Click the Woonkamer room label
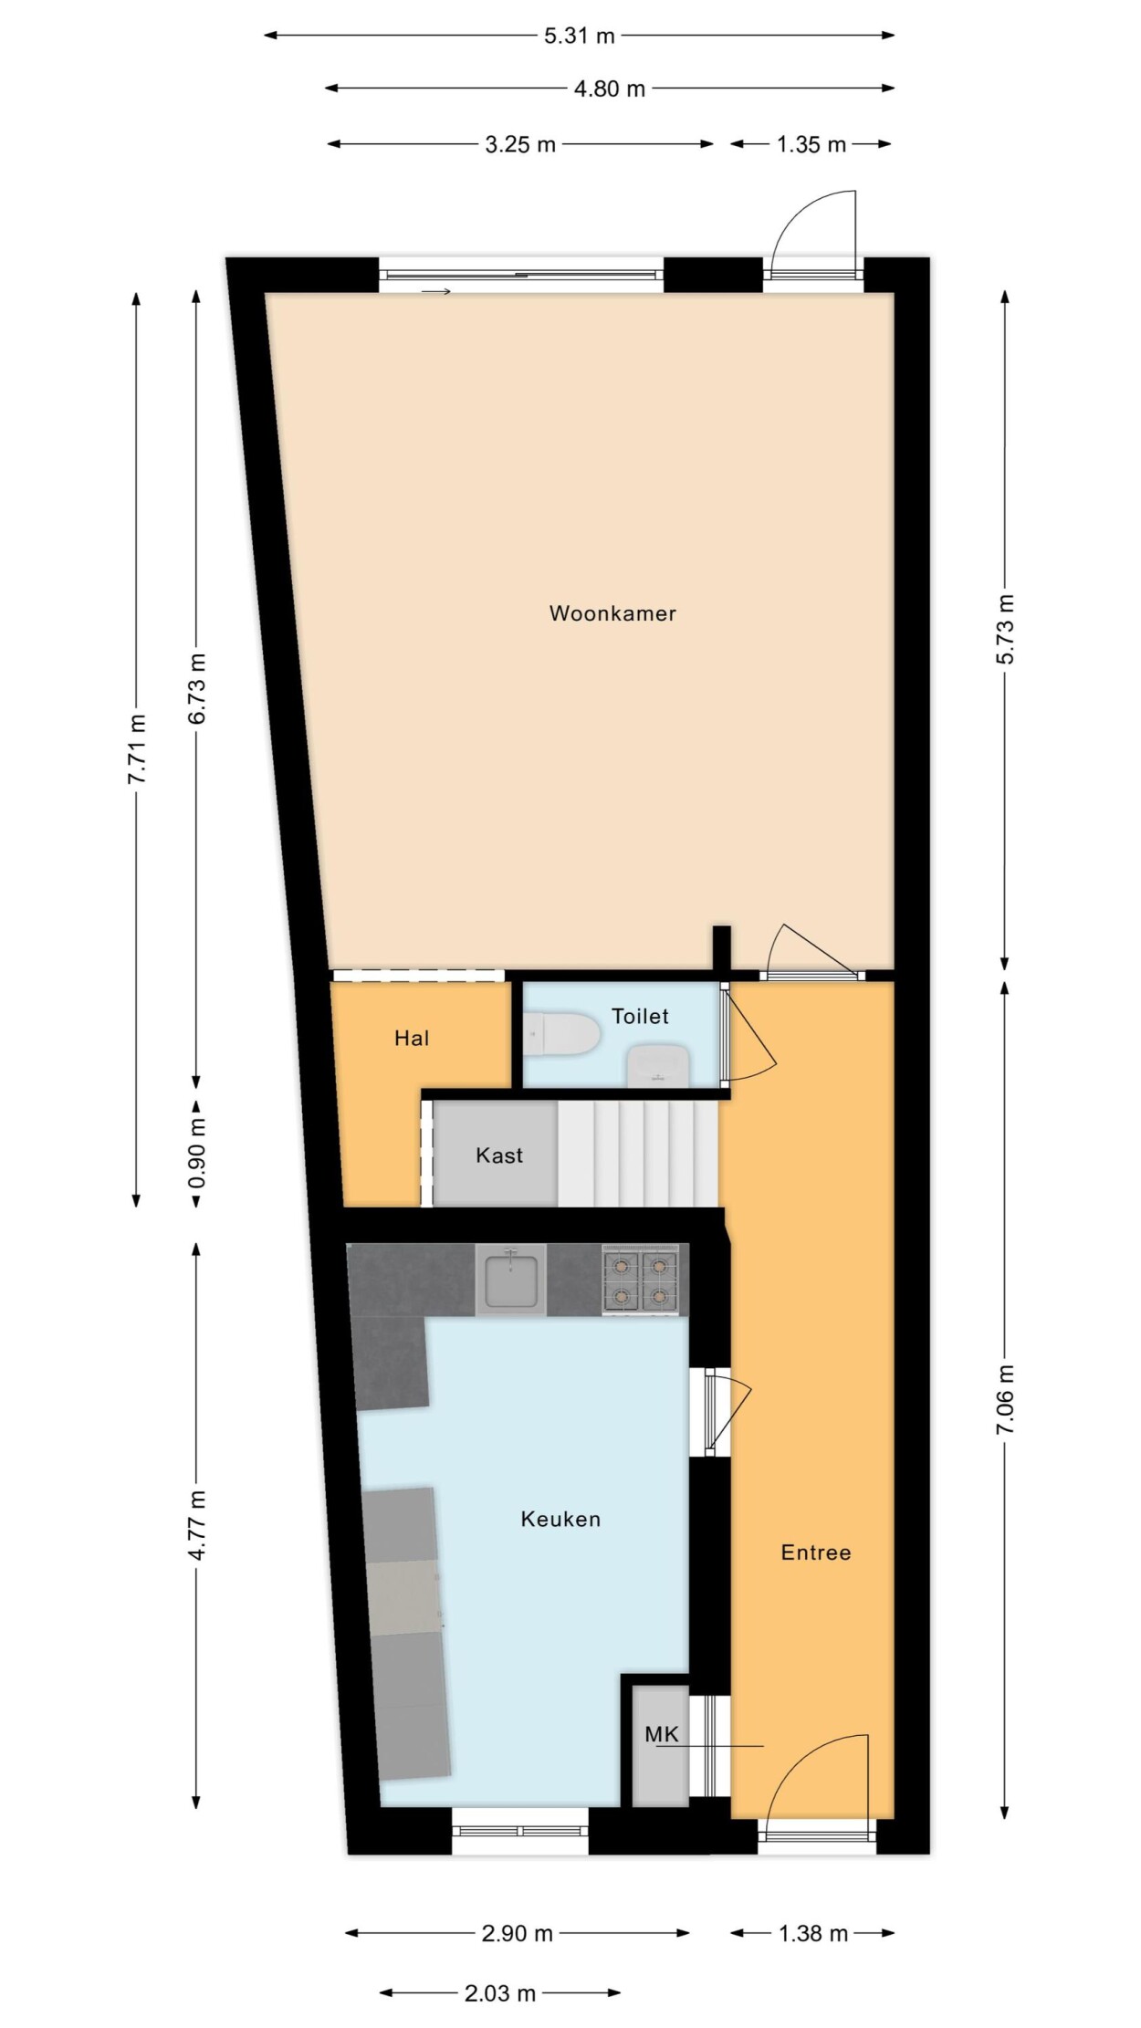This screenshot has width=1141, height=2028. click(x=612, y=613)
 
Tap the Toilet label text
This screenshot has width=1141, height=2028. click(x=640, y=1016)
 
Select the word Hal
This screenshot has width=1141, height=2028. click(x=412, y=1038)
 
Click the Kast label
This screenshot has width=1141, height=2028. click(x=499, y=1155)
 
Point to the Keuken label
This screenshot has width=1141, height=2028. click(x=560, y=1520)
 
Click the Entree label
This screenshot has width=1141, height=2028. click(x=816, y=1552)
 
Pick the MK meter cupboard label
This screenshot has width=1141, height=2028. click(x=662, y=1734)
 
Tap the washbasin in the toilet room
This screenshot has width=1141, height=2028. click(x=658, y=1065)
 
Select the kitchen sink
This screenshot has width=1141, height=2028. click(x=511, y=1280)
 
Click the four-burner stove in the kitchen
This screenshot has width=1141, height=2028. click(x=640, y=1280)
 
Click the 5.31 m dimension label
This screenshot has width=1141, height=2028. click(x=580, y=37)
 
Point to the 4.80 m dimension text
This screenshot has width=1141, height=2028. click(x=610, y=89)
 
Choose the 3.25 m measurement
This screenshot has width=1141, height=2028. click(x=520, y=145)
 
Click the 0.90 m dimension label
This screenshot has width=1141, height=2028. click(x=197, y=1153)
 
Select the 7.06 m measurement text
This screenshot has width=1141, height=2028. click(x=1005, y=1399)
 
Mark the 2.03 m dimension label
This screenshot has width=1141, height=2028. click(x=500, y=1994)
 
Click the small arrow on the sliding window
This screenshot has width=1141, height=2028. click(x=436, y=291)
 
